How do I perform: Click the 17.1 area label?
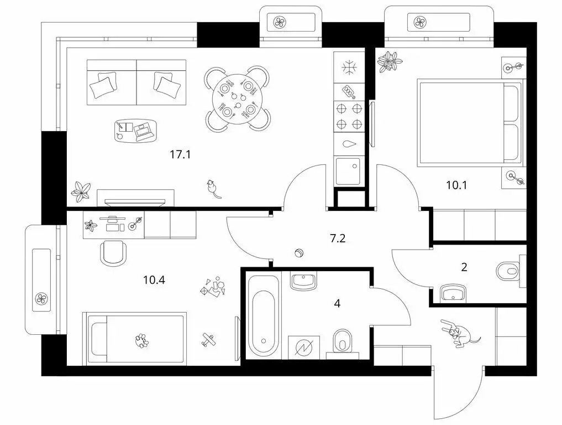point(180,155)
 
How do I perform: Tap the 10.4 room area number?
point(154,279)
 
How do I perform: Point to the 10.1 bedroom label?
point(456,185)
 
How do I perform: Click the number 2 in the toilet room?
point(464,267)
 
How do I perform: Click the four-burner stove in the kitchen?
point(349,116)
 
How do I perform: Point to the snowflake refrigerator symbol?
point(349,68)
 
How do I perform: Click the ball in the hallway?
point(299,253)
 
